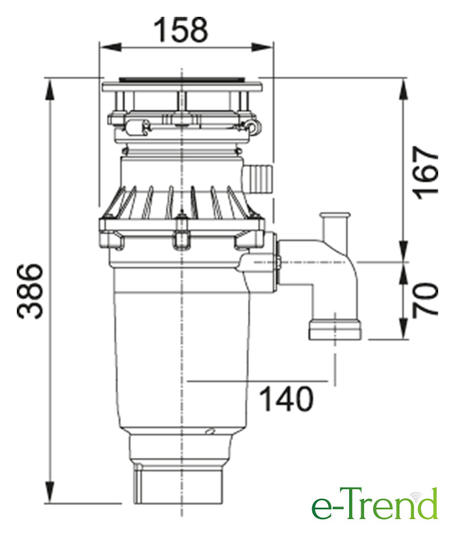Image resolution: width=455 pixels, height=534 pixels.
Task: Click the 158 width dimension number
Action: (x=180, y=30)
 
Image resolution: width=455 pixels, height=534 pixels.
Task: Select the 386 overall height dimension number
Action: (x=31, y=291)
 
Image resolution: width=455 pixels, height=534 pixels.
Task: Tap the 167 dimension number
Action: (x=425, y=173)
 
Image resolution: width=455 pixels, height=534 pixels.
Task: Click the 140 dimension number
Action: (x=286, y=399)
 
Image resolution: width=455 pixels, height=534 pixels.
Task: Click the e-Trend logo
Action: (x=374, y=503)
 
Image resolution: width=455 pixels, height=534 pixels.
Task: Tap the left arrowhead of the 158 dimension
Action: (x=110, y=47)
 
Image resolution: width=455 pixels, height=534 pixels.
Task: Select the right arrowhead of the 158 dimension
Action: (x=262, y=47)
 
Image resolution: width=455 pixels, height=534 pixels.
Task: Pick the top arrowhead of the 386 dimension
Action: (x=50, y=90)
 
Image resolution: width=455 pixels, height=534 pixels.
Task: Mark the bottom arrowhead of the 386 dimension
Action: (x=50, y=491)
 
